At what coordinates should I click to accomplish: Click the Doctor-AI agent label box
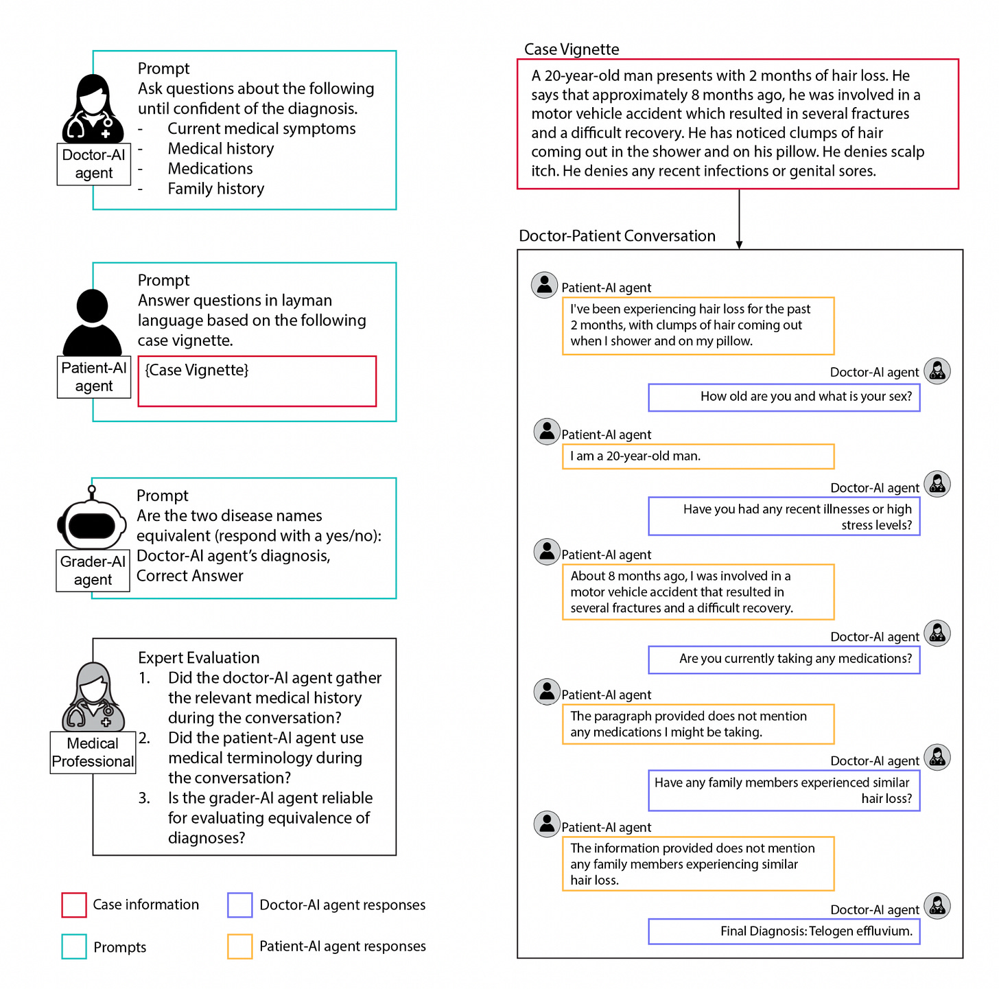[x=94, y=164]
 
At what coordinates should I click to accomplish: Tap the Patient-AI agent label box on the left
[x=94, y=377]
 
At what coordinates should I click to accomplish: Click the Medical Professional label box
[x=93, y=752]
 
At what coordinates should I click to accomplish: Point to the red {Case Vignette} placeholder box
[x=257, y=381]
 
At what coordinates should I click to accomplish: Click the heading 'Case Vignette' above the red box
[x=572, y=49]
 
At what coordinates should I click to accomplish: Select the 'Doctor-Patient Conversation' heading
[x=617, y=236]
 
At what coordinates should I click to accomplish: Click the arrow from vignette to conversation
[x=739, y=219]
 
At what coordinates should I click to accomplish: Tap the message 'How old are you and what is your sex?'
[x=784, y=397]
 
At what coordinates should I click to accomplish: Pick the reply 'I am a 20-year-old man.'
[x=698, y=456]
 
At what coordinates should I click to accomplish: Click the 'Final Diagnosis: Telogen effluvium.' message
[x=784, y=931]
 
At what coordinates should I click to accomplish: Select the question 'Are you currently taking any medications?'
[x=784, y=659]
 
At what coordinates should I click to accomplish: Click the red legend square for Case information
[x=74, y=905]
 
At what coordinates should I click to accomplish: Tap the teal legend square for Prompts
[x=74, y=946]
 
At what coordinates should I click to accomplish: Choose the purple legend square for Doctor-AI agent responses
[x=240, y=905]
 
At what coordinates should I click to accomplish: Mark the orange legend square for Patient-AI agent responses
[x=240, y=946]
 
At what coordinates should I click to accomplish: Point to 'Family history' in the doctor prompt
[x=216, y=189]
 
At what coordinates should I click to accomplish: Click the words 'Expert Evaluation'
[x=199, y=658]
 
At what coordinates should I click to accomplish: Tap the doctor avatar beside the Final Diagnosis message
[x=937, y=906]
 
